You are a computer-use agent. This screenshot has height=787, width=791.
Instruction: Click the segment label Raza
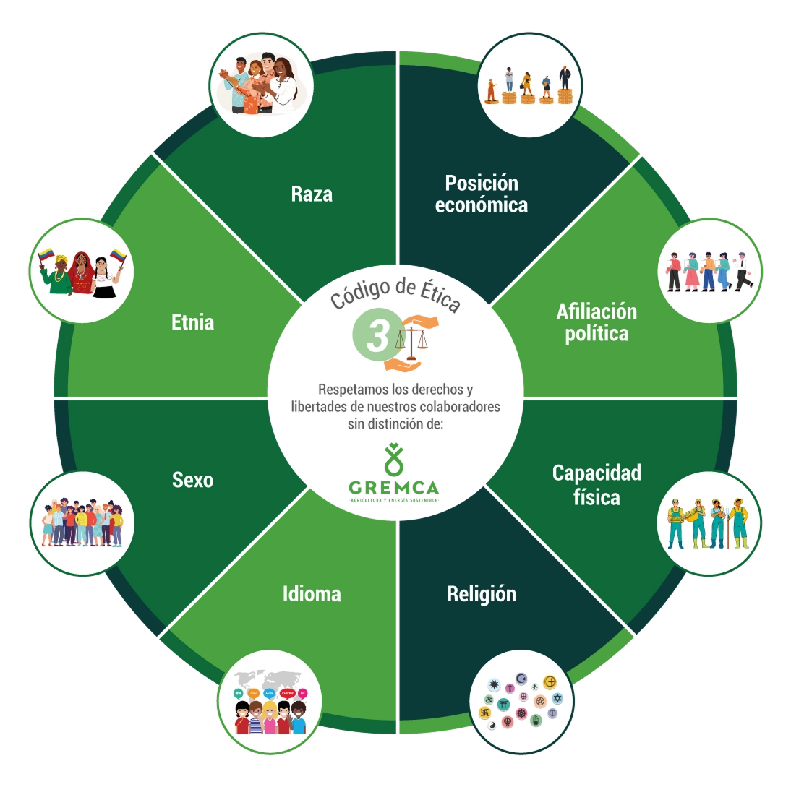312,194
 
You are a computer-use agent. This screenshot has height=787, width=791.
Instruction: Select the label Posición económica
482,193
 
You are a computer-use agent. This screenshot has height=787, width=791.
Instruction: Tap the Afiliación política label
597,322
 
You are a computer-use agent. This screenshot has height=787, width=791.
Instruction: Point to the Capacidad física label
597,484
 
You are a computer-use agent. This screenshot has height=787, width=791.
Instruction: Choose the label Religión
482,594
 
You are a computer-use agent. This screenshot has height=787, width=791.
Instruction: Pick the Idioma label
312,594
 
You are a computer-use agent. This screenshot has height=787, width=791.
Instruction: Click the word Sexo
193,479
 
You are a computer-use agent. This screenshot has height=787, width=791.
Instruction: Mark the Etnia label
193,322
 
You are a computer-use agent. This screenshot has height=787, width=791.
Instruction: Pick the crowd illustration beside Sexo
82,522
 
